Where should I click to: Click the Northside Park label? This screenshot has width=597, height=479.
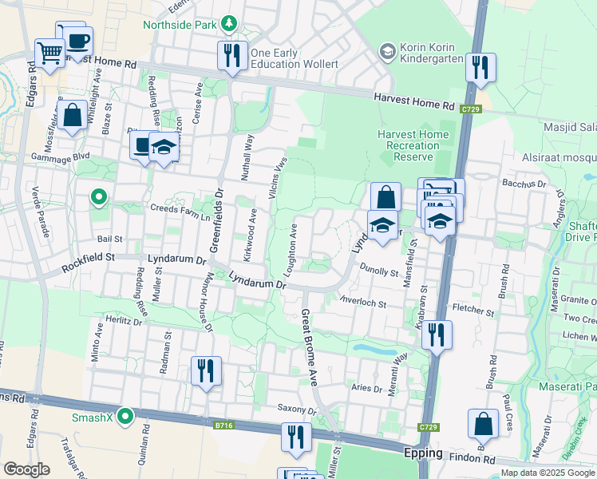coord(180,24)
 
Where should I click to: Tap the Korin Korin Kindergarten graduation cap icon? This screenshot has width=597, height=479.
coord(388,51)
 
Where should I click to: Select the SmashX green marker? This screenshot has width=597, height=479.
coord(125,416)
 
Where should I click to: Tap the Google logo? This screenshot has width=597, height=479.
coord(27,469)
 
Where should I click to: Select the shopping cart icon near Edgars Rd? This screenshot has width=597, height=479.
coord(49,53)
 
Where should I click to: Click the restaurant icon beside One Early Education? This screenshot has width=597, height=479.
coord(232,55)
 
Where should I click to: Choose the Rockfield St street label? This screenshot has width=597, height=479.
coord(95,257)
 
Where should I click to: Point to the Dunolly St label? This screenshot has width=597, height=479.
coord(378,271)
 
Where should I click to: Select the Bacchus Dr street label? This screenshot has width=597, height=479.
coord(523,184)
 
